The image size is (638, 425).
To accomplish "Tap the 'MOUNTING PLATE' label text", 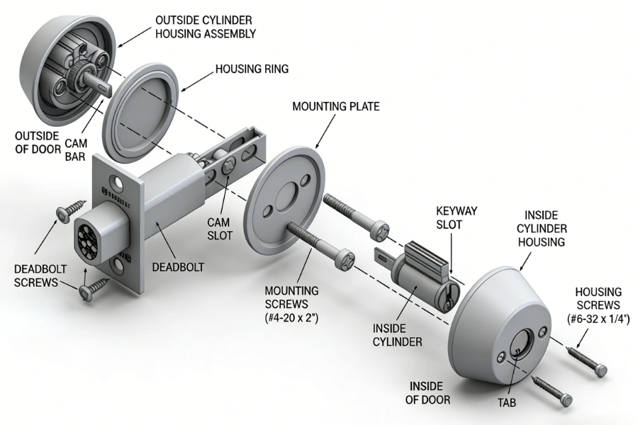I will point(335,106).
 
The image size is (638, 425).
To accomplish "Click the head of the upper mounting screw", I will point(381,229).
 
